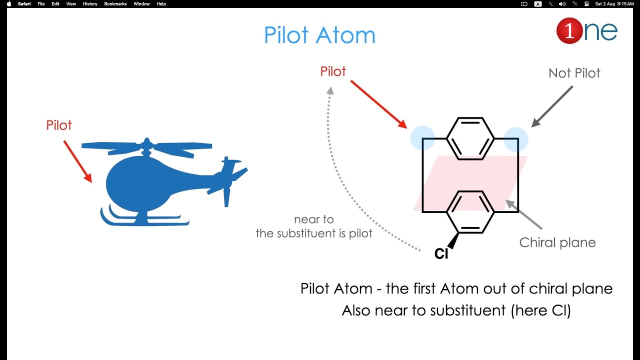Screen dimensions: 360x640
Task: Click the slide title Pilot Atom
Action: coord(319,35)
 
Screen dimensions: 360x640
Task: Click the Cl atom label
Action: coord(441,254)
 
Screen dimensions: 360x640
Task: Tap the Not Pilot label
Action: coord(574,73)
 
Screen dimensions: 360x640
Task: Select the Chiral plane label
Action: coord(557,242)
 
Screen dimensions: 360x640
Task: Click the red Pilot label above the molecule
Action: coord(333,71)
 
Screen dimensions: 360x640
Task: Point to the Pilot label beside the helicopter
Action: coord(59,125)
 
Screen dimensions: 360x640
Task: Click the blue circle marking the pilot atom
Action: coord(422,138)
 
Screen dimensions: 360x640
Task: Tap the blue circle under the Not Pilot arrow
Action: coord(515,139)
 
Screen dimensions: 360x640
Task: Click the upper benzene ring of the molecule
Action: coord(470,138)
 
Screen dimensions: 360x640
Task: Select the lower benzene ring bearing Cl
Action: coord(470,211)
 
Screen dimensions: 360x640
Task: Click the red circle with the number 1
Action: coord(569,31)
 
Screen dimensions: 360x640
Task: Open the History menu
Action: coord(90,4)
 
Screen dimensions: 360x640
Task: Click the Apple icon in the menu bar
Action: coord(9,4)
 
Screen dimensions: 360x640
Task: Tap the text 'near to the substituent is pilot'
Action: coord(314,226)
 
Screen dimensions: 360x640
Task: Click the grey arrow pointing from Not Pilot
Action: coord(552,106)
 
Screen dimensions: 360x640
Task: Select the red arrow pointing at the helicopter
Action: coord(77,161)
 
